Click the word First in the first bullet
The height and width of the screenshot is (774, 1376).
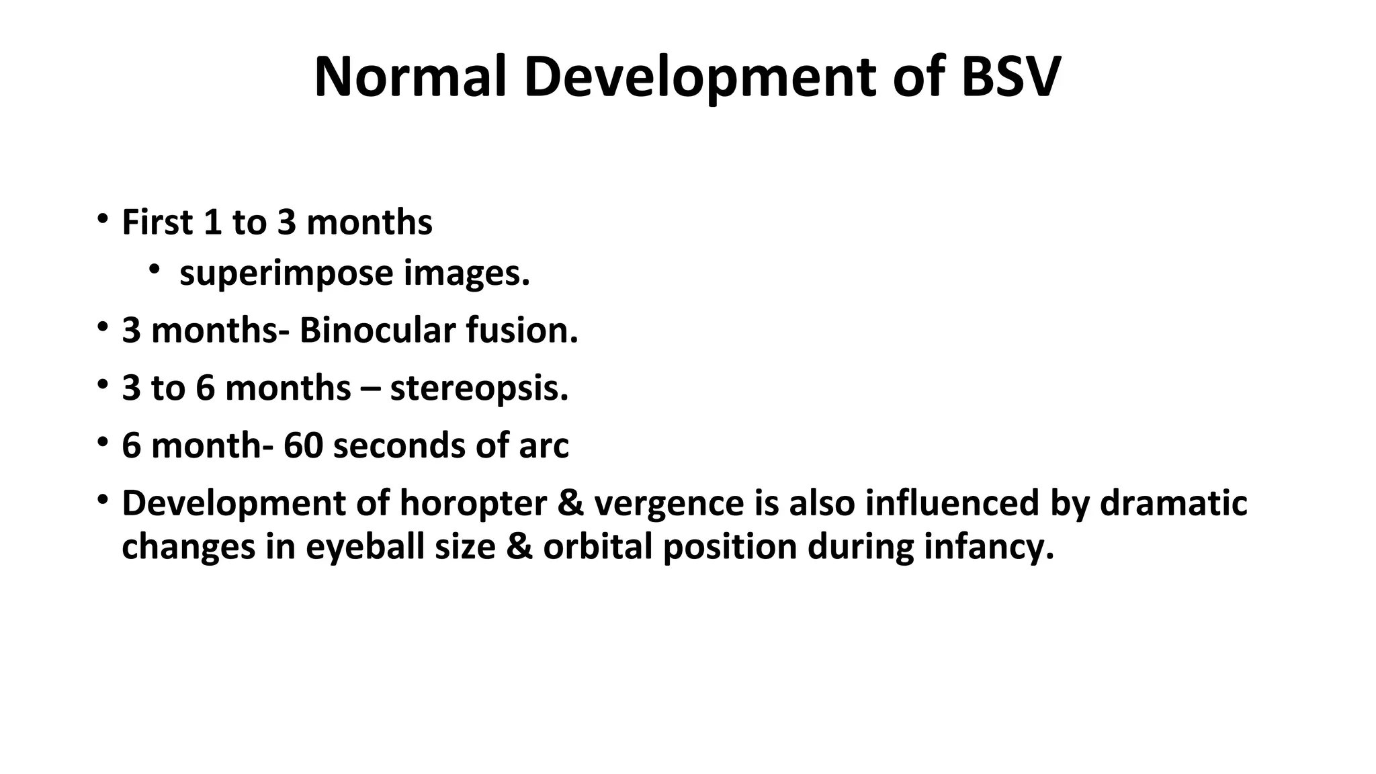click(157, 222)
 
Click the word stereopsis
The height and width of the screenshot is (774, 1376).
click(479, 389)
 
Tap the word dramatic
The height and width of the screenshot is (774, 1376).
click(1173, 503)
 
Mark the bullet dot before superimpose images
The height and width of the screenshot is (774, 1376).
click(155, 270)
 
